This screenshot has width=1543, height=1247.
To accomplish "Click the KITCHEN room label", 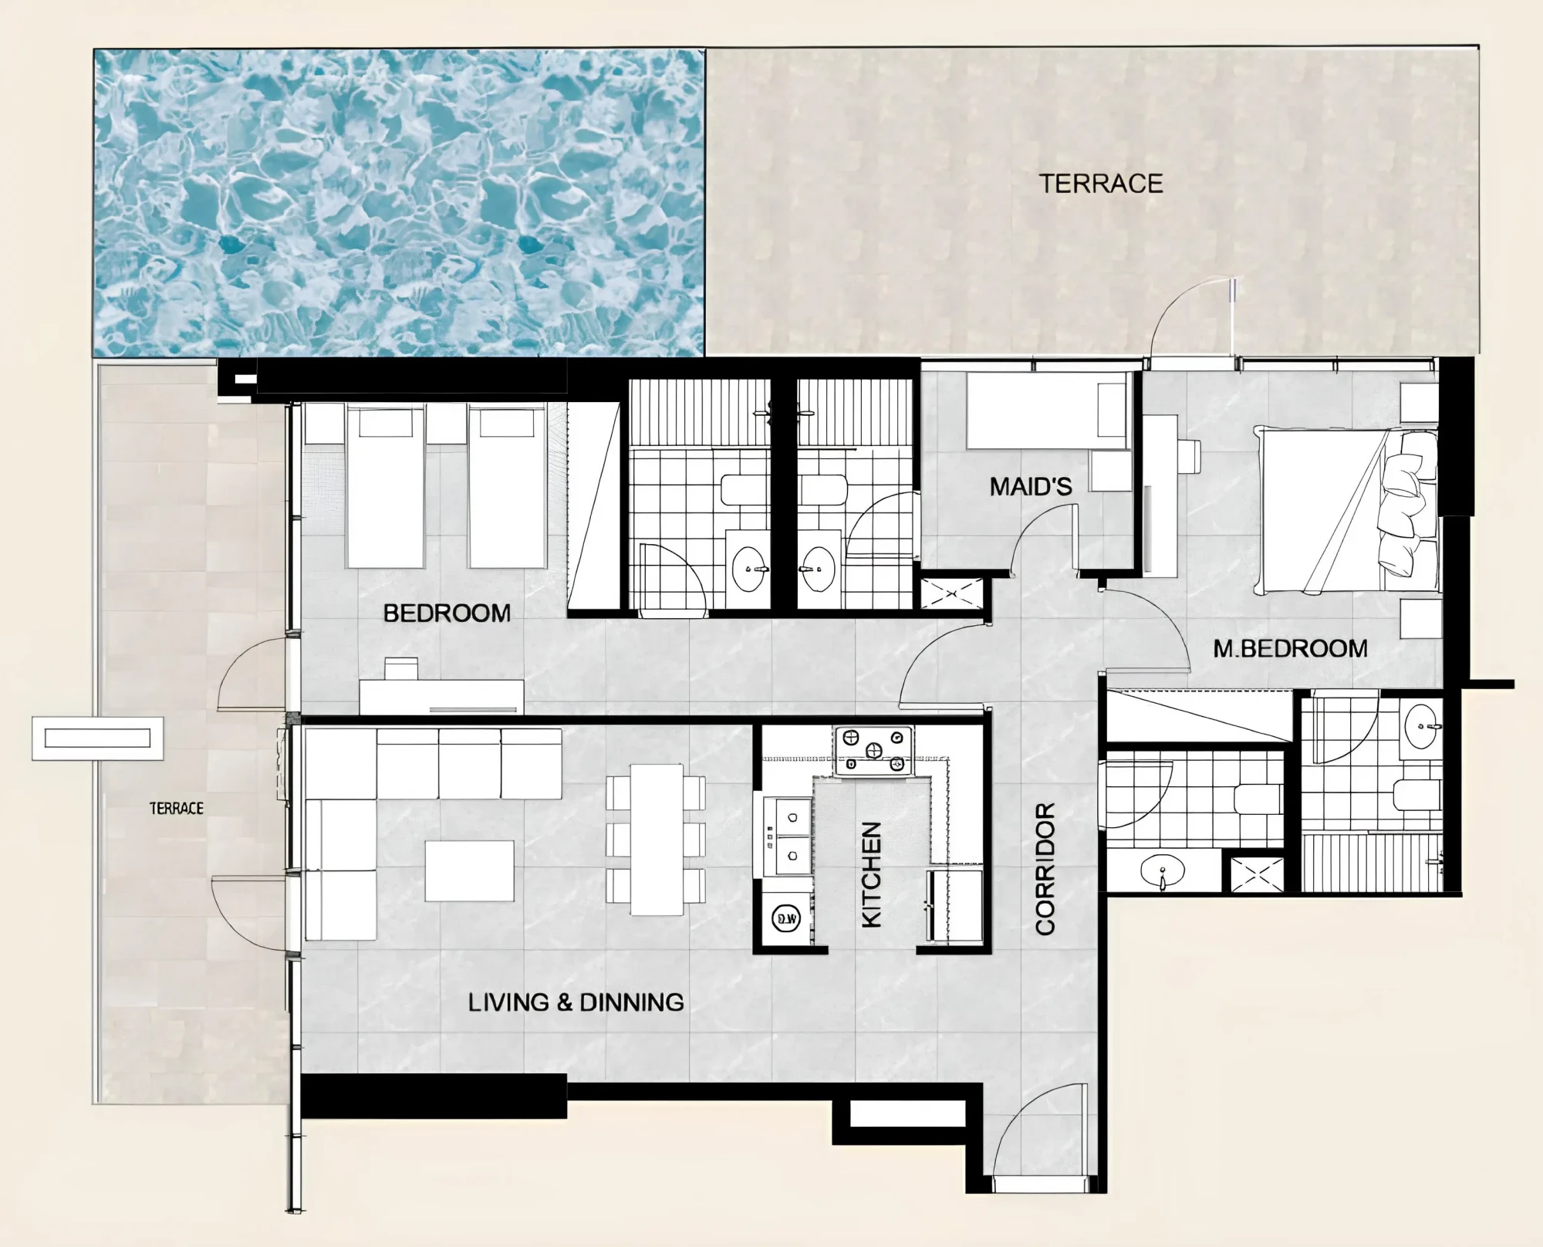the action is pos(871,874).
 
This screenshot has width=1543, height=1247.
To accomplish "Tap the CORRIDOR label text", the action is pos(1045,869).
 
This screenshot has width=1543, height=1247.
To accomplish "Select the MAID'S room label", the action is pos(1031,486).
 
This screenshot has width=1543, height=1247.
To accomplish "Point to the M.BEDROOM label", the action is pos(1290,648).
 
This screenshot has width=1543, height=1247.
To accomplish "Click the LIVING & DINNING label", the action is pos(576,1002).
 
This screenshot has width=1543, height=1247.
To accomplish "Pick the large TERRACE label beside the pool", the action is pos(1100,184).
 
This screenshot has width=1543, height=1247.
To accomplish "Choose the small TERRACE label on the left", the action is pos(177,808).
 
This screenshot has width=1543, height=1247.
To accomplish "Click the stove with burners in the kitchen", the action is pos(873,750).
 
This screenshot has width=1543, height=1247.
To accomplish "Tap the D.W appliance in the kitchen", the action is pos(786,918).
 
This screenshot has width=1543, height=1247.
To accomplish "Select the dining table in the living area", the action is pos(657,840).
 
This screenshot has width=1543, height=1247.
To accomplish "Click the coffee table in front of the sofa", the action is pos(470,870).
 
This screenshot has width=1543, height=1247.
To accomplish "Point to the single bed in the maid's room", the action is pos(1046,411).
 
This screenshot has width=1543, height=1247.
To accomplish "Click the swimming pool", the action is pos(399,203).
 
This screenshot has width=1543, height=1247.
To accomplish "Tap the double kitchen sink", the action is pos(788,837).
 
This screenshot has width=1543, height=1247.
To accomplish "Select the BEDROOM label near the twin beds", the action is pos(447,613).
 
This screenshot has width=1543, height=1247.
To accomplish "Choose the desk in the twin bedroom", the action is pos(441,696).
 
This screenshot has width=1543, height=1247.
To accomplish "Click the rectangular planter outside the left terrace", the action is pos(97,738).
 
